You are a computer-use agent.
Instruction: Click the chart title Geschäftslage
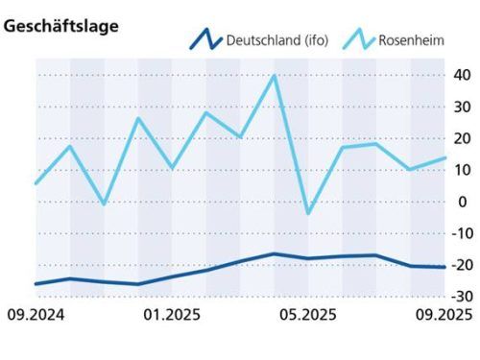pyautogui.click(x=61, y=27)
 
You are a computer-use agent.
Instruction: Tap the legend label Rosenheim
pyautogui.click(x=415, y=40)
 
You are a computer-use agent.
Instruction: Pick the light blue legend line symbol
pyautogui.click(x=359, y=40)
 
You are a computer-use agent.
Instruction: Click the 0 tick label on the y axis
pyautogui.click(x=464, y=202)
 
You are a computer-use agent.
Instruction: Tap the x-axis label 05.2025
pyautogui.click(x=306, y=315)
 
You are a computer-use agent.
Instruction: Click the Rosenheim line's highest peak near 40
pyautogui.click(x=275, y=76)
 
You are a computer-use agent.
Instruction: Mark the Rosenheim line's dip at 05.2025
pyautogui.click(x=308, y=213)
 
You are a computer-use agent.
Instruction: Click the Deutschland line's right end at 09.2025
pyautogui.click(x=444, y=267)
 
